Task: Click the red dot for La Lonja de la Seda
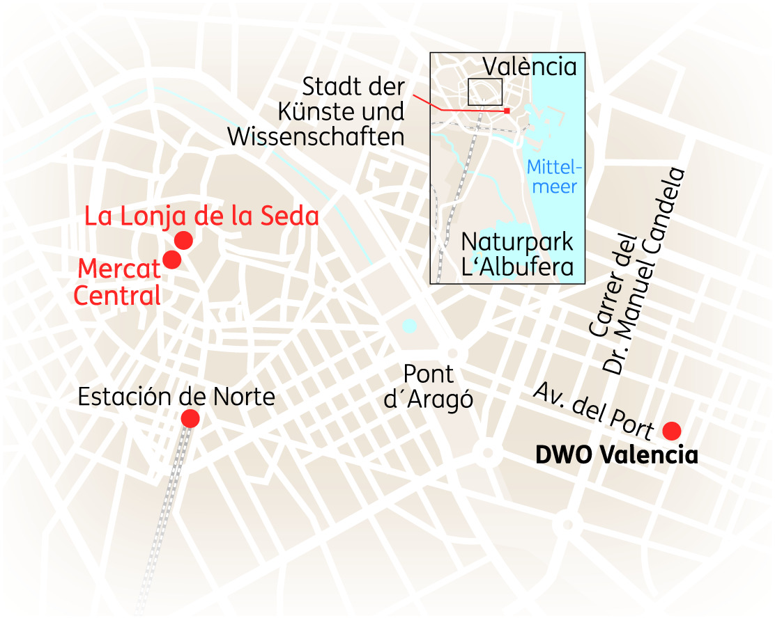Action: tap(183, 240)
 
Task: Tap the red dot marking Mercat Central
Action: tap(171, 260)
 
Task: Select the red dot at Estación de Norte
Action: tap(190, 418)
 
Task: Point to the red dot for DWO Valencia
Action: tap(672, 431)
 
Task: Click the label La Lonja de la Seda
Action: tap(201, 216)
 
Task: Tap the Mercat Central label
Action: tap(118, 282)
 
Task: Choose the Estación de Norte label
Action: tap(176, 397)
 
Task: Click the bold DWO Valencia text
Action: tap(616, 456)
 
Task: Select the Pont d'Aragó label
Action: tap(429, 387)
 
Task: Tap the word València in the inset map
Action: tap(530, 67)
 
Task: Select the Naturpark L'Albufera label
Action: tap(517, 255)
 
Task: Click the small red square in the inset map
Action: tap(507, 111)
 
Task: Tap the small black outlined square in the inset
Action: tap(485, 92)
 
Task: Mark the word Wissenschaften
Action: tap(316, 136)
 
